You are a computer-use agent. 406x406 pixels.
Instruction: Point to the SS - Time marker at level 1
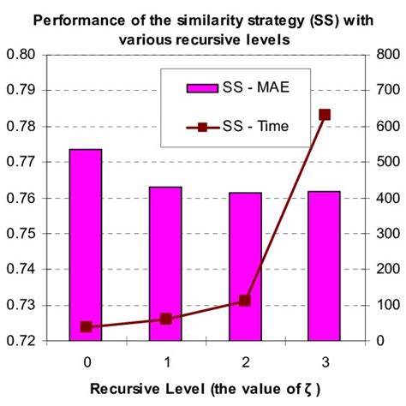pyautogui.click(x=166, y=319)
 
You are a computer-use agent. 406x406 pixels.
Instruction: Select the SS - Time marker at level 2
pyautogui.click(x=245, y=301)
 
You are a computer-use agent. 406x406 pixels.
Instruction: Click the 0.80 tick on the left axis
pyautogui.click(x=35, y=54)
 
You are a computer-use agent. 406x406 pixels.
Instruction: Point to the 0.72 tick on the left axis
pyautogui.click(x=35, y=341)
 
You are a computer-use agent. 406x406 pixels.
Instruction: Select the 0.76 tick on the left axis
pyautogui.click(x=35, y=198)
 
